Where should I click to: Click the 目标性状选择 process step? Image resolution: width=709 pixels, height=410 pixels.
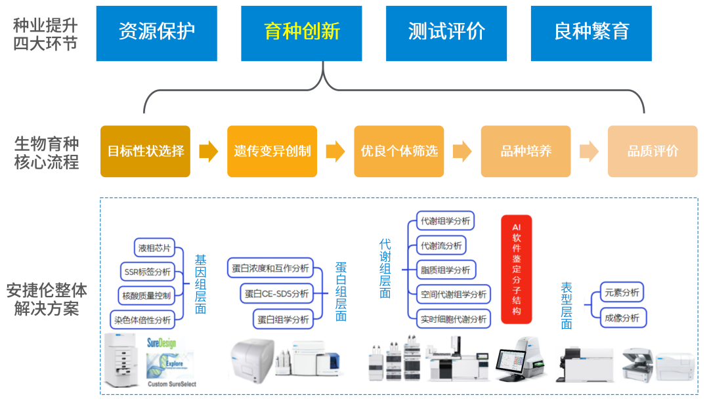click(x=145, y=152)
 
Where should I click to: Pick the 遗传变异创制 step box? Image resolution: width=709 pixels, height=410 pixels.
click(x=272, y=152)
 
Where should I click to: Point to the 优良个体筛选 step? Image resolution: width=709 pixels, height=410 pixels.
click(x=398, y=152)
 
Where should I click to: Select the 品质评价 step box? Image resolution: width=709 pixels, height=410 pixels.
click(x=653, y=152)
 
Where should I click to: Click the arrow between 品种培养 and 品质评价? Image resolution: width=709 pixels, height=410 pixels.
click(x=589, y=152)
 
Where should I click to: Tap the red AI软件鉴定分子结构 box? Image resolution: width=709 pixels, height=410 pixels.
click(x=516, y=269)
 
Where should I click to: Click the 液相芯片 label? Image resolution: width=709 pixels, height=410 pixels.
click(x=154, y=248)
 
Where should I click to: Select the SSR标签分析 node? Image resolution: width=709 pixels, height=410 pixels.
click(x=147, y=272)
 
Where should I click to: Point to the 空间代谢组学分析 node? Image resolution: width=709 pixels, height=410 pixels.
click(x=454, y=295)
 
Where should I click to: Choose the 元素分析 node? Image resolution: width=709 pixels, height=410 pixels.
click(x=622, y=293)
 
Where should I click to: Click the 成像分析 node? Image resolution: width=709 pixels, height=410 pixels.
click(x=622, y=318)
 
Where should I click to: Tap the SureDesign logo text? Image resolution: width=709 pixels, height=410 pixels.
click(x=161, y=342)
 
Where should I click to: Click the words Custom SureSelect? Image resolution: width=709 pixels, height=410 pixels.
click(x=172, y=384)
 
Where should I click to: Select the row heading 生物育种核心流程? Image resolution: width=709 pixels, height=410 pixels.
click(x=46, y=152)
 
